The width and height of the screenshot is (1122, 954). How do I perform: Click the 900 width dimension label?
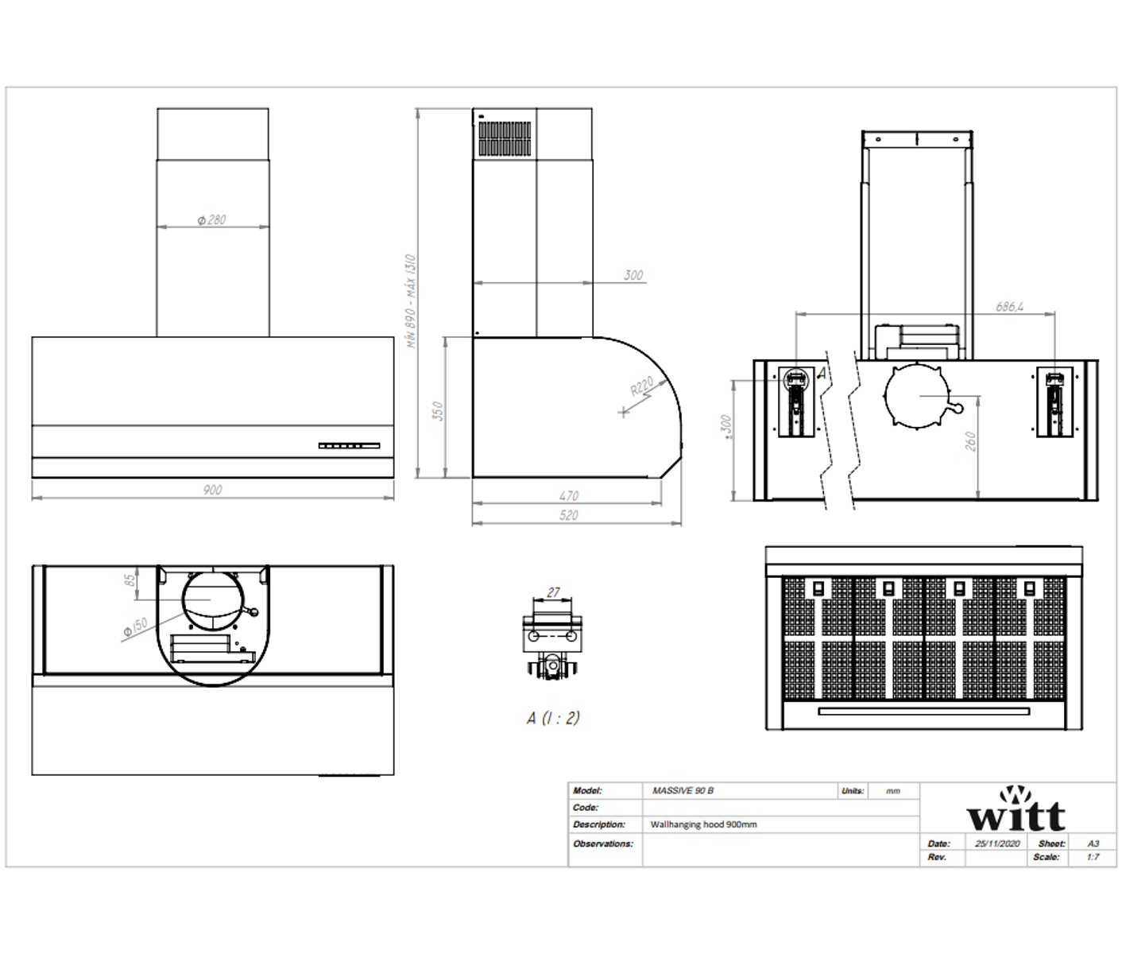click(x=212, y=490)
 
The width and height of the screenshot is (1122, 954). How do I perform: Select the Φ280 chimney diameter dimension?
click(x=212, y=219)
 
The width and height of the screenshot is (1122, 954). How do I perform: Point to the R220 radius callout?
click(x=641, y=386)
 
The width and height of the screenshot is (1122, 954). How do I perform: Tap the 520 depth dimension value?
click(x=569, y=515)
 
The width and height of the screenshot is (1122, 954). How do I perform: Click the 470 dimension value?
click(x=569, y=495)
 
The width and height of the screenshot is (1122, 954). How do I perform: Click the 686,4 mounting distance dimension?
click(x=1009, y=306)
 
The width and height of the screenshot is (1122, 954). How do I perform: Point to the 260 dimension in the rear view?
click(x=971, y=442)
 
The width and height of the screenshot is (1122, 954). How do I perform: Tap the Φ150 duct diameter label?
click(x=135, y=627)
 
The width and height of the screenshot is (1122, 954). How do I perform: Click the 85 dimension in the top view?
click(x=130, y=580)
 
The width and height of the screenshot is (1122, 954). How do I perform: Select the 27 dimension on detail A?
click(x=553, y=592)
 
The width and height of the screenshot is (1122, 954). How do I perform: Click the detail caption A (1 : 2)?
click(x=553, y=718)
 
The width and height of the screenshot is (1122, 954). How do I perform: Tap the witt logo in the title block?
click(x=1016, y=810)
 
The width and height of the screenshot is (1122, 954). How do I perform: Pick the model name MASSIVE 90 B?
click(x=683, y=790)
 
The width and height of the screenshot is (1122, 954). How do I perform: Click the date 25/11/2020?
click(x=997, y=843)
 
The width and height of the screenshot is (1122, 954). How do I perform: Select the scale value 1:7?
click(x=1093, y=857)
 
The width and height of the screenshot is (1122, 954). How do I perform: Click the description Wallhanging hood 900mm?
click(x=703, y=824)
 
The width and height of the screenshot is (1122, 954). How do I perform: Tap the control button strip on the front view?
click(x=349, y=446)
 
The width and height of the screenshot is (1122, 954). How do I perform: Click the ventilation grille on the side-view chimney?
click(x=505, y=138)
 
